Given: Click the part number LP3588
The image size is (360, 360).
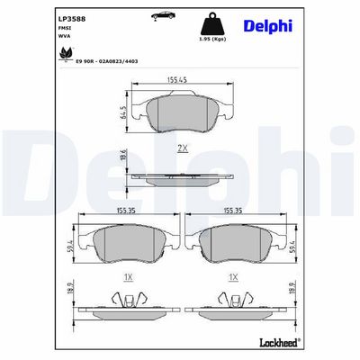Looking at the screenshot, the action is tap(72, 19).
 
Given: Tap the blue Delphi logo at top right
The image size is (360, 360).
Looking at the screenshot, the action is tap(268, 26).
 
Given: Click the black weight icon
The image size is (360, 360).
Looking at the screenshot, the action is tap(212, 24).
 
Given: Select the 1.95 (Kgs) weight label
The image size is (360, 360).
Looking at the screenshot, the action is tap(212, 40).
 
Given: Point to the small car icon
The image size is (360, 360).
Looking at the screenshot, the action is tap(163, 15).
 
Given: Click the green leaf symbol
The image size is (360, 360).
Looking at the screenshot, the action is tap(66, 54).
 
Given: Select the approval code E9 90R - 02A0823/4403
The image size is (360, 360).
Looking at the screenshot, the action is tap(107, 61).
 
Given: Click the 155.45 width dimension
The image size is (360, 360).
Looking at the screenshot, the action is tap(177, 79).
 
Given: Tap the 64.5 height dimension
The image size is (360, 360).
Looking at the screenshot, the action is tap(123, 112).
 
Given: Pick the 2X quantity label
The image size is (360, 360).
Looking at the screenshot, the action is tap(183, 148).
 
